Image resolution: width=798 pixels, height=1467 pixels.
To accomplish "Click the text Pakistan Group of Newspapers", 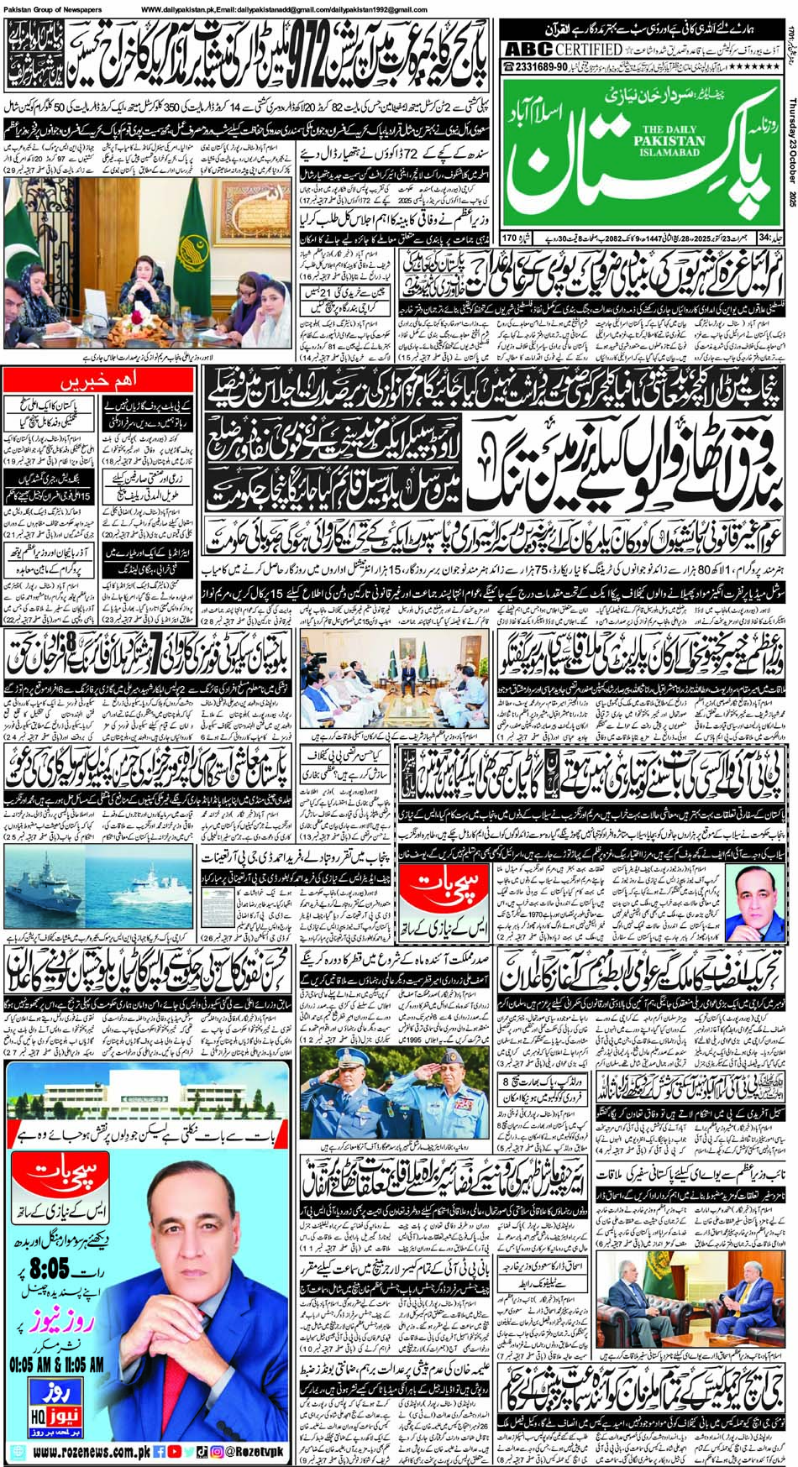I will (51, 8).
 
